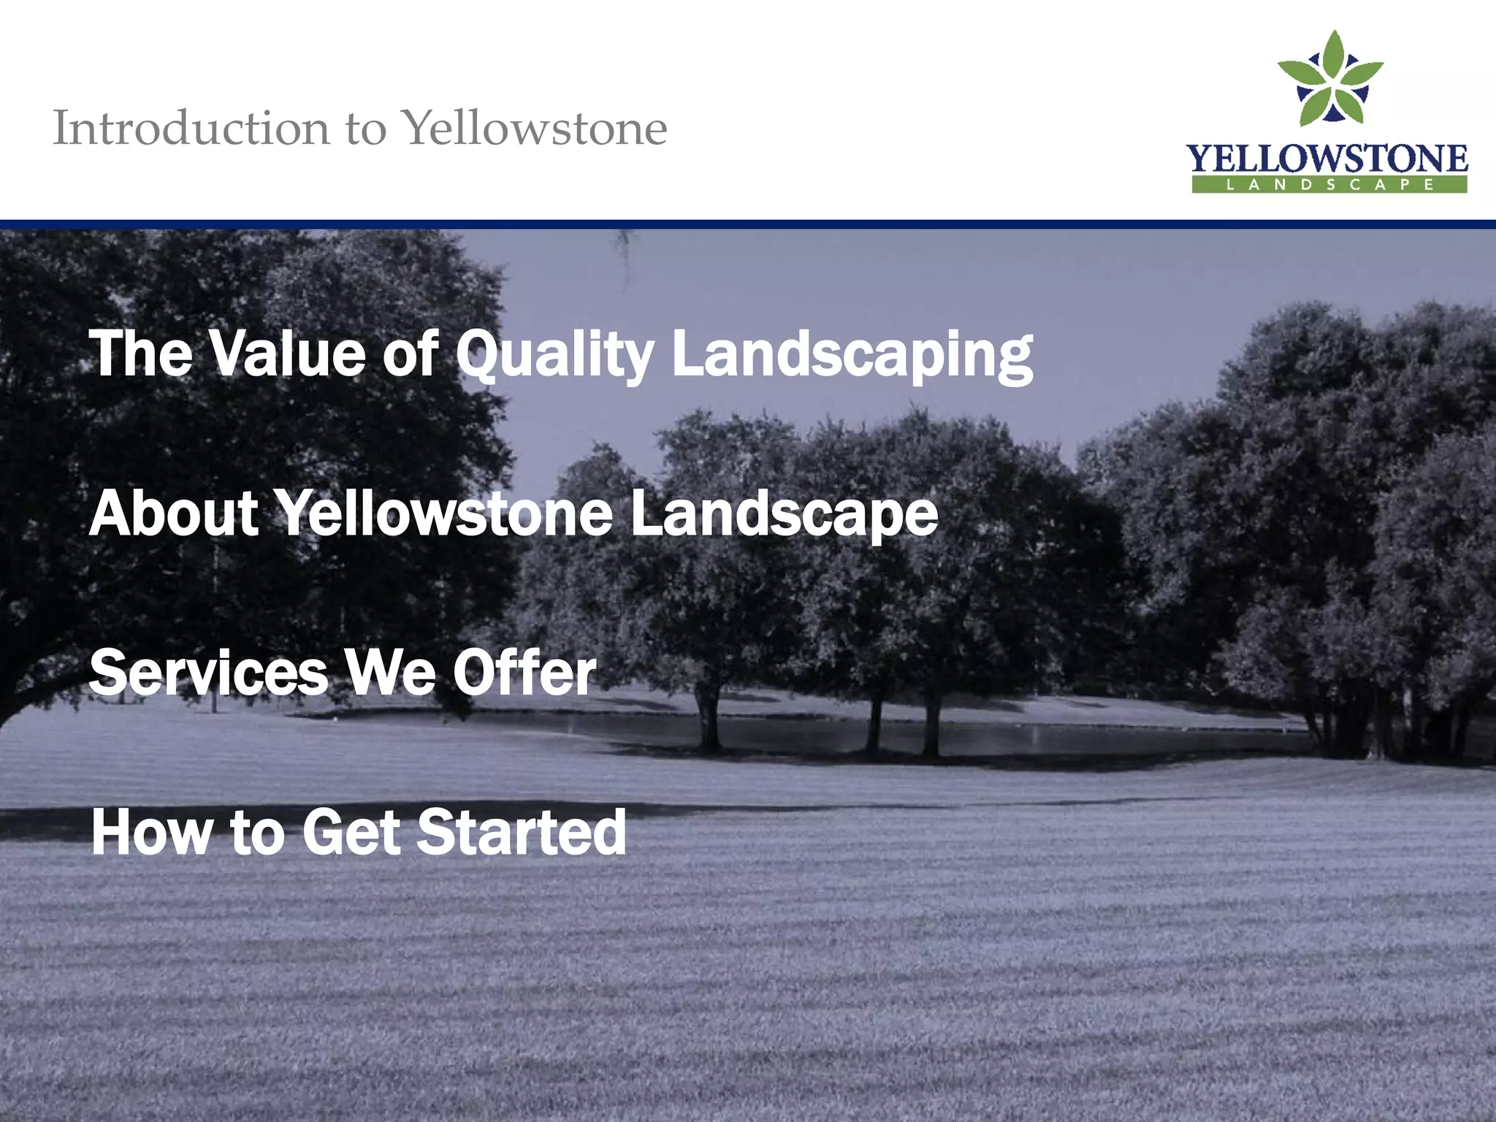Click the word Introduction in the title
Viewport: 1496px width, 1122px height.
click(191, 129)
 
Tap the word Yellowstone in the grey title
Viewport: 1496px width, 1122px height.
click(535, 129)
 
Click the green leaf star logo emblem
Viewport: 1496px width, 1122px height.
click(1329, 79)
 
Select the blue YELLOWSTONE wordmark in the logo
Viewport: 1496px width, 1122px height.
click(1327, 159)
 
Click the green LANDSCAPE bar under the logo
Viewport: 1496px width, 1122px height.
click(1329, 185)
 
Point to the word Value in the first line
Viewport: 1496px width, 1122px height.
click(286, 354)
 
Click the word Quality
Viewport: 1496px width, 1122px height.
click(555, 355)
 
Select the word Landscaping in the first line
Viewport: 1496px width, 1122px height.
click(852, 355)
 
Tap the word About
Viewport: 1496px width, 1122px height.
click(174, 513)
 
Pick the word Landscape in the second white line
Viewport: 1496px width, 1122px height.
click(784, 514)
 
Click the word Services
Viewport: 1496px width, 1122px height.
click(209, 673)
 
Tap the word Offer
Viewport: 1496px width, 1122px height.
click(524, 673)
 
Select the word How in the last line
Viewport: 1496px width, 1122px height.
click(152, 832)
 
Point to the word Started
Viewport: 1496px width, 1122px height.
click(521, 832)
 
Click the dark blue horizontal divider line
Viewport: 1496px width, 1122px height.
click(748, 224)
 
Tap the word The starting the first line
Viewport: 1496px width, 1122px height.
click(141, 354)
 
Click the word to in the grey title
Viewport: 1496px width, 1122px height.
click(365, 129)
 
